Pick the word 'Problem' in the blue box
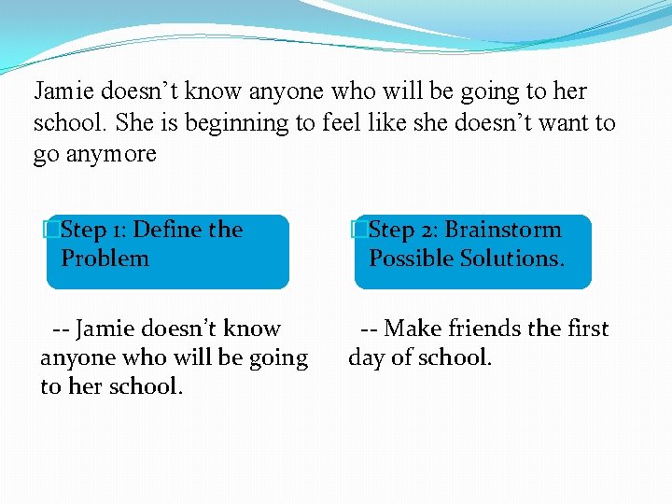click(105, 259)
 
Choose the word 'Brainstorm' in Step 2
click(503, 230)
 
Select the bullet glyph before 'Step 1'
click(53, 230)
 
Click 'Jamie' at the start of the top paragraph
click(63, 91)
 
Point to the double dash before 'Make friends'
click(370, 329)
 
